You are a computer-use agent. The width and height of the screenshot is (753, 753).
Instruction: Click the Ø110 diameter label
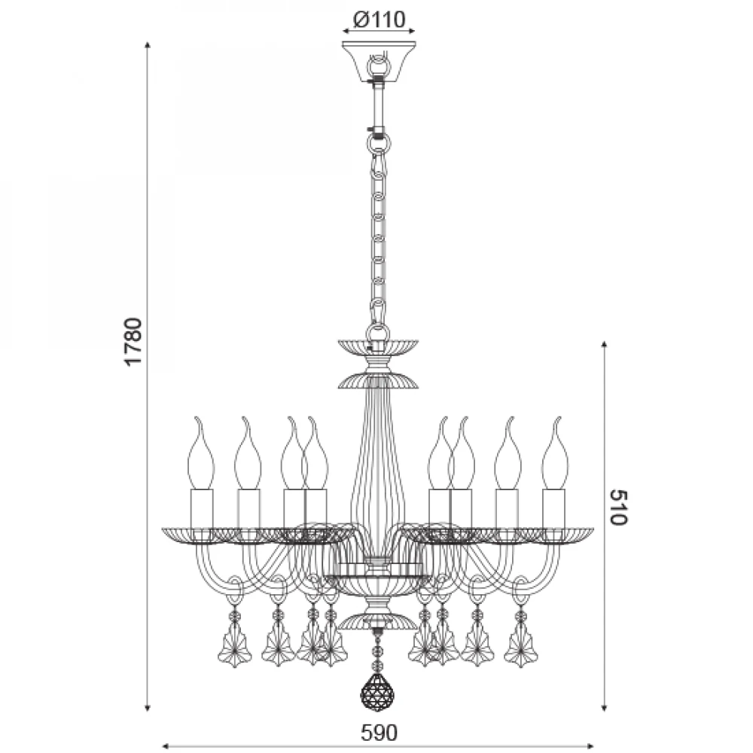pyautogui.click(x=379, y=20)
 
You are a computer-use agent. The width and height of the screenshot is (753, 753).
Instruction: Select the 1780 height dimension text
pyautogui.click(x=133, y=341)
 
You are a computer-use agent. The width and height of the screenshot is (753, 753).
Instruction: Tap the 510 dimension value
pyautogui.click(x=619, y=507)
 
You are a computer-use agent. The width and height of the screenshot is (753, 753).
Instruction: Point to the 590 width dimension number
pyautogui.click(x=379, y=733)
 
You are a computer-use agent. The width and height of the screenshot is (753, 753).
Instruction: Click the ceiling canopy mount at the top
pyautogui.click(x=379, y=62)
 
